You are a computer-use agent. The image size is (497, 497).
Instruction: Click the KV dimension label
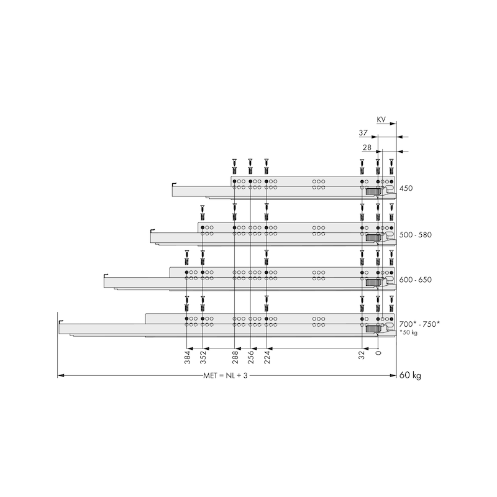tap(381, 119)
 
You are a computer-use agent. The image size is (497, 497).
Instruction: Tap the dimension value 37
tap(363, 132)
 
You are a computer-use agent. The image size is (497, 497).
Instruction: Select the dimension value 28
tap(367, 147)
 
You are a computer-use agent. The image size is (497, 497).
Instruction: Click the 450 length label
tap(406, 188)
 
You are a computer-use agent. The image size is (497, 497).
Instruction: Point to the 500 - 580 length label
tap(416, 235)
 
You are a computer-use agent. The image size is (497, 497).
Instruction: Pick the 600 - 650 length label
tap(416, 280)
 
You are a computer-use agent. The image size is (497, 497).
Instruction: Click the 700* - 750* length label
tap(419, 324)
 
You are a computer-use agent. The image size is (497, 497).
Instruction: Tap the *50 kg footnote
tap(408, 333)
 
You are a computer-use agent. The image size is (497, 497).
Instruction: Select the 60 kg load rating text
tap(410, 375)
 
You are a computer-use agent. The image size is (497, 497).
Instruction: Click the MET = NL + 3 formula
tap(225, 376)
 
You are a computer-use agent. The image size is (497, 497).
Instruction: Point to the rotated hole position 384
tap(188, 357)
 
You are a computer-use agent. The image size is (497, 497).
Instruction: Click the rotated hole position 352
tap(203, 357)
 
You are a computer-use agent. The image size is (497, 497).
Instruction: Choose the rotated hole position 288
tap(235, 357)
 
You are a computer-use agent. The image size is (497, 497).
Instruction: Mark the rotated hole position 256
tap(251, 357)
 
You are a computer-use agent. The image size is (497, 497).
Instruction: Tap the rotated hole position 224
tap(267, 357)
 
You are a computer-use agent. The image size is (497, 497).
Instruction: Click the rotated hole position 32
tap(362, 355)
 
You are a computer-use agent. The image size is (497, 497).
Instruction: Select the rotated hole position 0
tap(378, 353)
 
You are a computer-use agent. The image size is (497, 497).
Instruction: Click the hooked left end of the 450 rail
tap(173, 184)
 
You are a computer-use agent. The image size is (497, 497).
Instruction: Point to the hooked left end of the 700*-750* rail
tap(60, 322)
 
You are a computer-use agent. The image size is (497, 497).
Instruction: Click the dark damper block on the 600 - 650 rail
tap(373, 283)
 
